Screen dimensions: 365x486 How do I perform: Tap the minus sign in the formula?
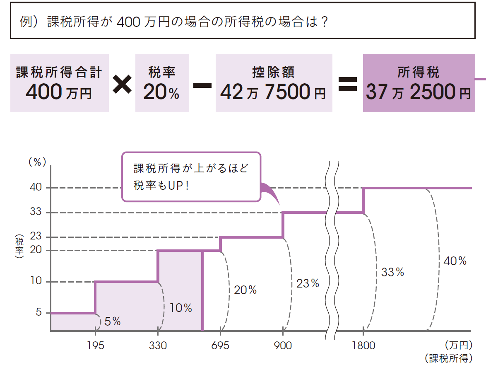coord(202,84)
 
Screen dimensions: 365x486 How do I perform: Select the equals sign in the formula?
coord(348,84)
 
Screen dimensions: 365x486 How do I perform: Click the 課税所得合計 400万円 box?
coord(59,83)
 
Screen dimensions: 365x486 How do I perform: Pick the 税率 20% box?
coord(161,83)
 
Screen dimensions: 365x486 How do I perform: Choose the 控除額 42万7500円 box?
coord(274,83)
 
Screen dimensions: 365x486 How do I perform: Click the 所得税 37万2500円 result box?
coord(419,83)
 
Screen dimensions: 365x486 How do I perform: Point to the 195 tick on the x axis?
coord(96,345)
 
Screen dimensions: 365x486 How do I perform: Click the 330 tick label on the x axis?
coord(158,345)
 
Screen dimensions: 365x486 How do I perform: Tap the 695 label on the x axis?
coord(220,345)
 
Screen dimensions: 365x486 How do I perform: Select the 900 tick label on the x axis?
coord(283,345)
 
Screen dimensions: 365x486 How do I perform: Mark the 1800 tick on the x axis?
coord(363,345)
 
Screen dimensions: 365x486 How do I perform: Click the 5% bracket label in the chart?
coord(113,321)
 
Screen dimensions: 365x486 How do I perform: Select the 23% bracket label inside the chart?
coord(308,283)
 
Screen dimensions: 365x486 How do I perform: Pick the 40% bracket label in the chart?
coord(455,261)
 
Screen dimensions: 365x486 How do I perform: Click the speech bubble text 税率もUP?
coord(161,185)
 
